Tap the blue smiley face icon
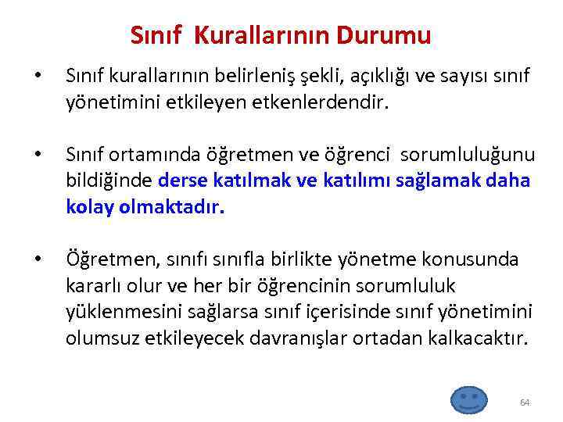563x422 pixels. pyautogui.click(x=468, y=399)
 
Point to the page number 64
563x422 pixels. pyautogui.click(x=524, y=402)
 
